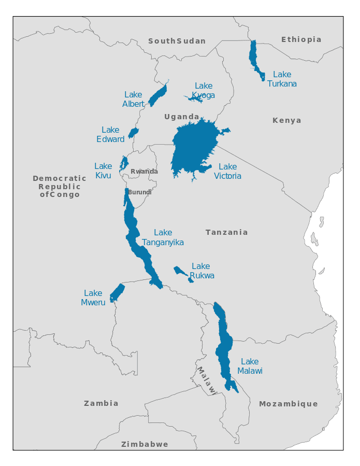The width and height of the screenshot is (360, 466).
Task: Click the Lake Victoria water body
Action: coord(194,148)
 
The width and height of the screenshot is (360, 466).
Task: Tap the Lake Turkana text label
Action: coord(282,79)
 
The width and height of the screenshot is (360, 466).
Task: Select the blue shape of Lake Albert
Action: coord(157,96)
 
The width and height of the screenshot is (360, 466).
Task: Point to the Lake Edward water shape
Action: coord(133,133)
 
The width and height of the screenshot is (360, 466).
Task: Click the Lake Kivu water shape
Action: coord(123,164)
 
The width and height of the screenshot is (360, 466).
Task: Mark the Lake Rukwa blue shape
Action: coord(181,272)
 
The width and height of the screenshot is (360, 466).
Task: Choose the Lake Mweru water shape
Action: coord(117,293)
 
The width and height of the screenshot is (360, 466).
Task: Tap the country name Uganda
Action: coord(182,117)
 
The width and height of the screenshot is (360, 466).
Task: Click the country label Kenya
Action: coord(286,120)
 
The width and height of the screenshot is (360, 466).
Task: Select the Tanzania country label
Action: coord(226,232)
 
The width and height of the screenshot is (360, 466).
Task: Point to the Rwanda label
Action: coord(144,172)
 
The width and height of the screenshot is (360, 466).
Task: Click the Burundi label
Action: coord(140,192)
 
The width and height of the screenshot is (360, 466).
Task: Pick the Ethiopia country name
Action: coord(301,39)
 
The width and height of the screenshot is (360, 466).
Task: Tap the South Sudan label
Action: coord(177,41)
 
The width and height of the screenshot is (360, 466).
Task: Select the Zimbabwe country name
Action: coord(145,444)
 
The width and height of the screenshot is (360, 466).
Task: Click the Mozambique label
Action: coord(288,404)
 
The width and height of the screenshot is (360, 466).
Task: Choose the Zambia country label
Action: coord(101,403)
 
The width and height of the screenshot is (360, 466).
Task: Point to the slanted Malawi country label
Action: coord(206,380)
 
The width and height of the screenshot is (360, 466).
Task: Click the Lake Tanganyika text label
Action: coord(163,237)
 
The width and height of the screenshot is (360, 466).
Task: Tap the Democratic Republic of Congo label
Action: coord(60,187)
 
